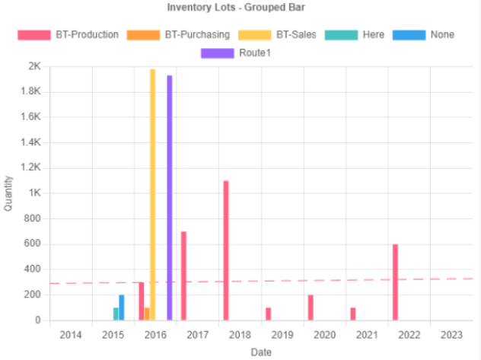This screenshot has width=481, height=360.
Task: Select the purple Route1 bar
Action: [x=170, y=198]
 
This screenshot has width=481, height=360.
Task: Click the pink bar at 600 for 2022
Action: [x=396, y=282]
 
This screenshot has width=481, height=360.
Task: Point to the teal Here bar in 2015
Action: [x=116, y=314]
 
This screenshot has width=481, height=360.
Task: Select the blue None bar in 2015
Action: [x=122, y=307]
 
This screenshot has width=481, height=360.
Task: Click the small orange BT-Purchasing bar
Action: [x=147, y=314]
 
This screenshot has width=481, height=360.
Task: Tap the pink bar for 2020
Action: [x=311, y=307]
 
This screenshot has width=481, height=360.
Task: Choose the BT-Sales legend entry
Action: [x=277, y=35]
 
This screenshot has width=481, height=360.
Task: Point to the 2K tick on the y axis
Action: [x=35, y=66]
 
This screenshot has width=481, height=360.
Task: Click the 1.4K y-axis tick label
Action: [x=30, y=142]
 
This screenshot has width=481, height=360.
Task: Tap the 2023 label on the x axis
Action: [x=451, y=335]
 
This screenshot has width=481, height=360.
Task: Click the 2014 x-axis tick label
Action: [x=71, y=335]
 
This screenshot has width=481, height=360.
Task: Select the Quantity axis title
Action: [x=8, y=193]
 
